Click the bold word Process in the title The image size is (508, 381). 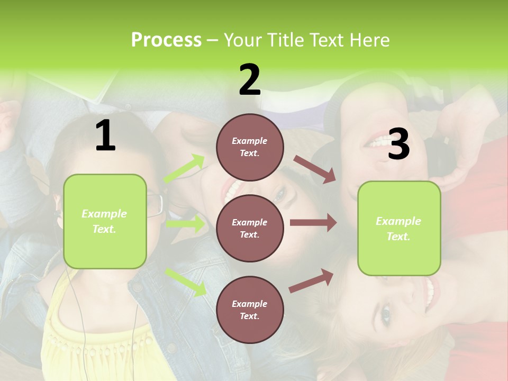[x=166, y=40]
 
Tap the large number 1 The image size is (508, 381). [x=105, y=135]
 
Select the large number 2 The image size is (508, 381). [x=250, y=79]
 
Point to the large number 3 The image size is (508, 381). [x=399, y=144]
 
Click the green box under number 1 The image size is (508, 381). [x=105, y=221]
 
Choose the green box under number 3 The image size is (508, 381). [x=399, y=228]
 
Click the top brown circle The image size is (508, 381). [x=250, y=147]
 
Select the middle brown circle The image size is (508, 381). [x=250, y=228]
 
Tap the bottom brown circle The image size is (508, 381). [x=250, y=310]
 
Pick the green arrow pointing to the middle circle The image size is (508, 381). [x=185, y=224]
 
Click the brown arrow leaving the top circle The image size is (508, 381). [x=315, y=169]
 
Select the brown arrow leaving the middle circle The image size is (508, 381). [x=313, y=222]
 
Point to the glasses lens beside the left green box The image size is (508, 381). [x=155, y=205]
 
